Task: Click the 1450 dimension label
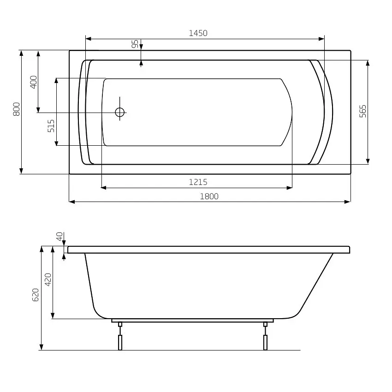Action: point(198,33)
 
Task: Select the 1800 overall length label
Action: point(209,196)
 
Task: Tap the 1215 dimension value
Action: point(198,182)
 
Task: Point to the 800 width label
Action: point(17,109)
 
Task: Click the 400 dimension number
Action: point(34,82)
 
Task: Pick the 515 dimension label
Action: point(51,126)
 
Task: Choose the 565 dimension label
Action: point(362,111)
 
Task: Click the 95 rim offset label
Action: point(135,44)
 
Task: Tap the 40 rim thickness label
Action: point(59,236)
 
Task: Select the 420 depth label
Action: point(48,280)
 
